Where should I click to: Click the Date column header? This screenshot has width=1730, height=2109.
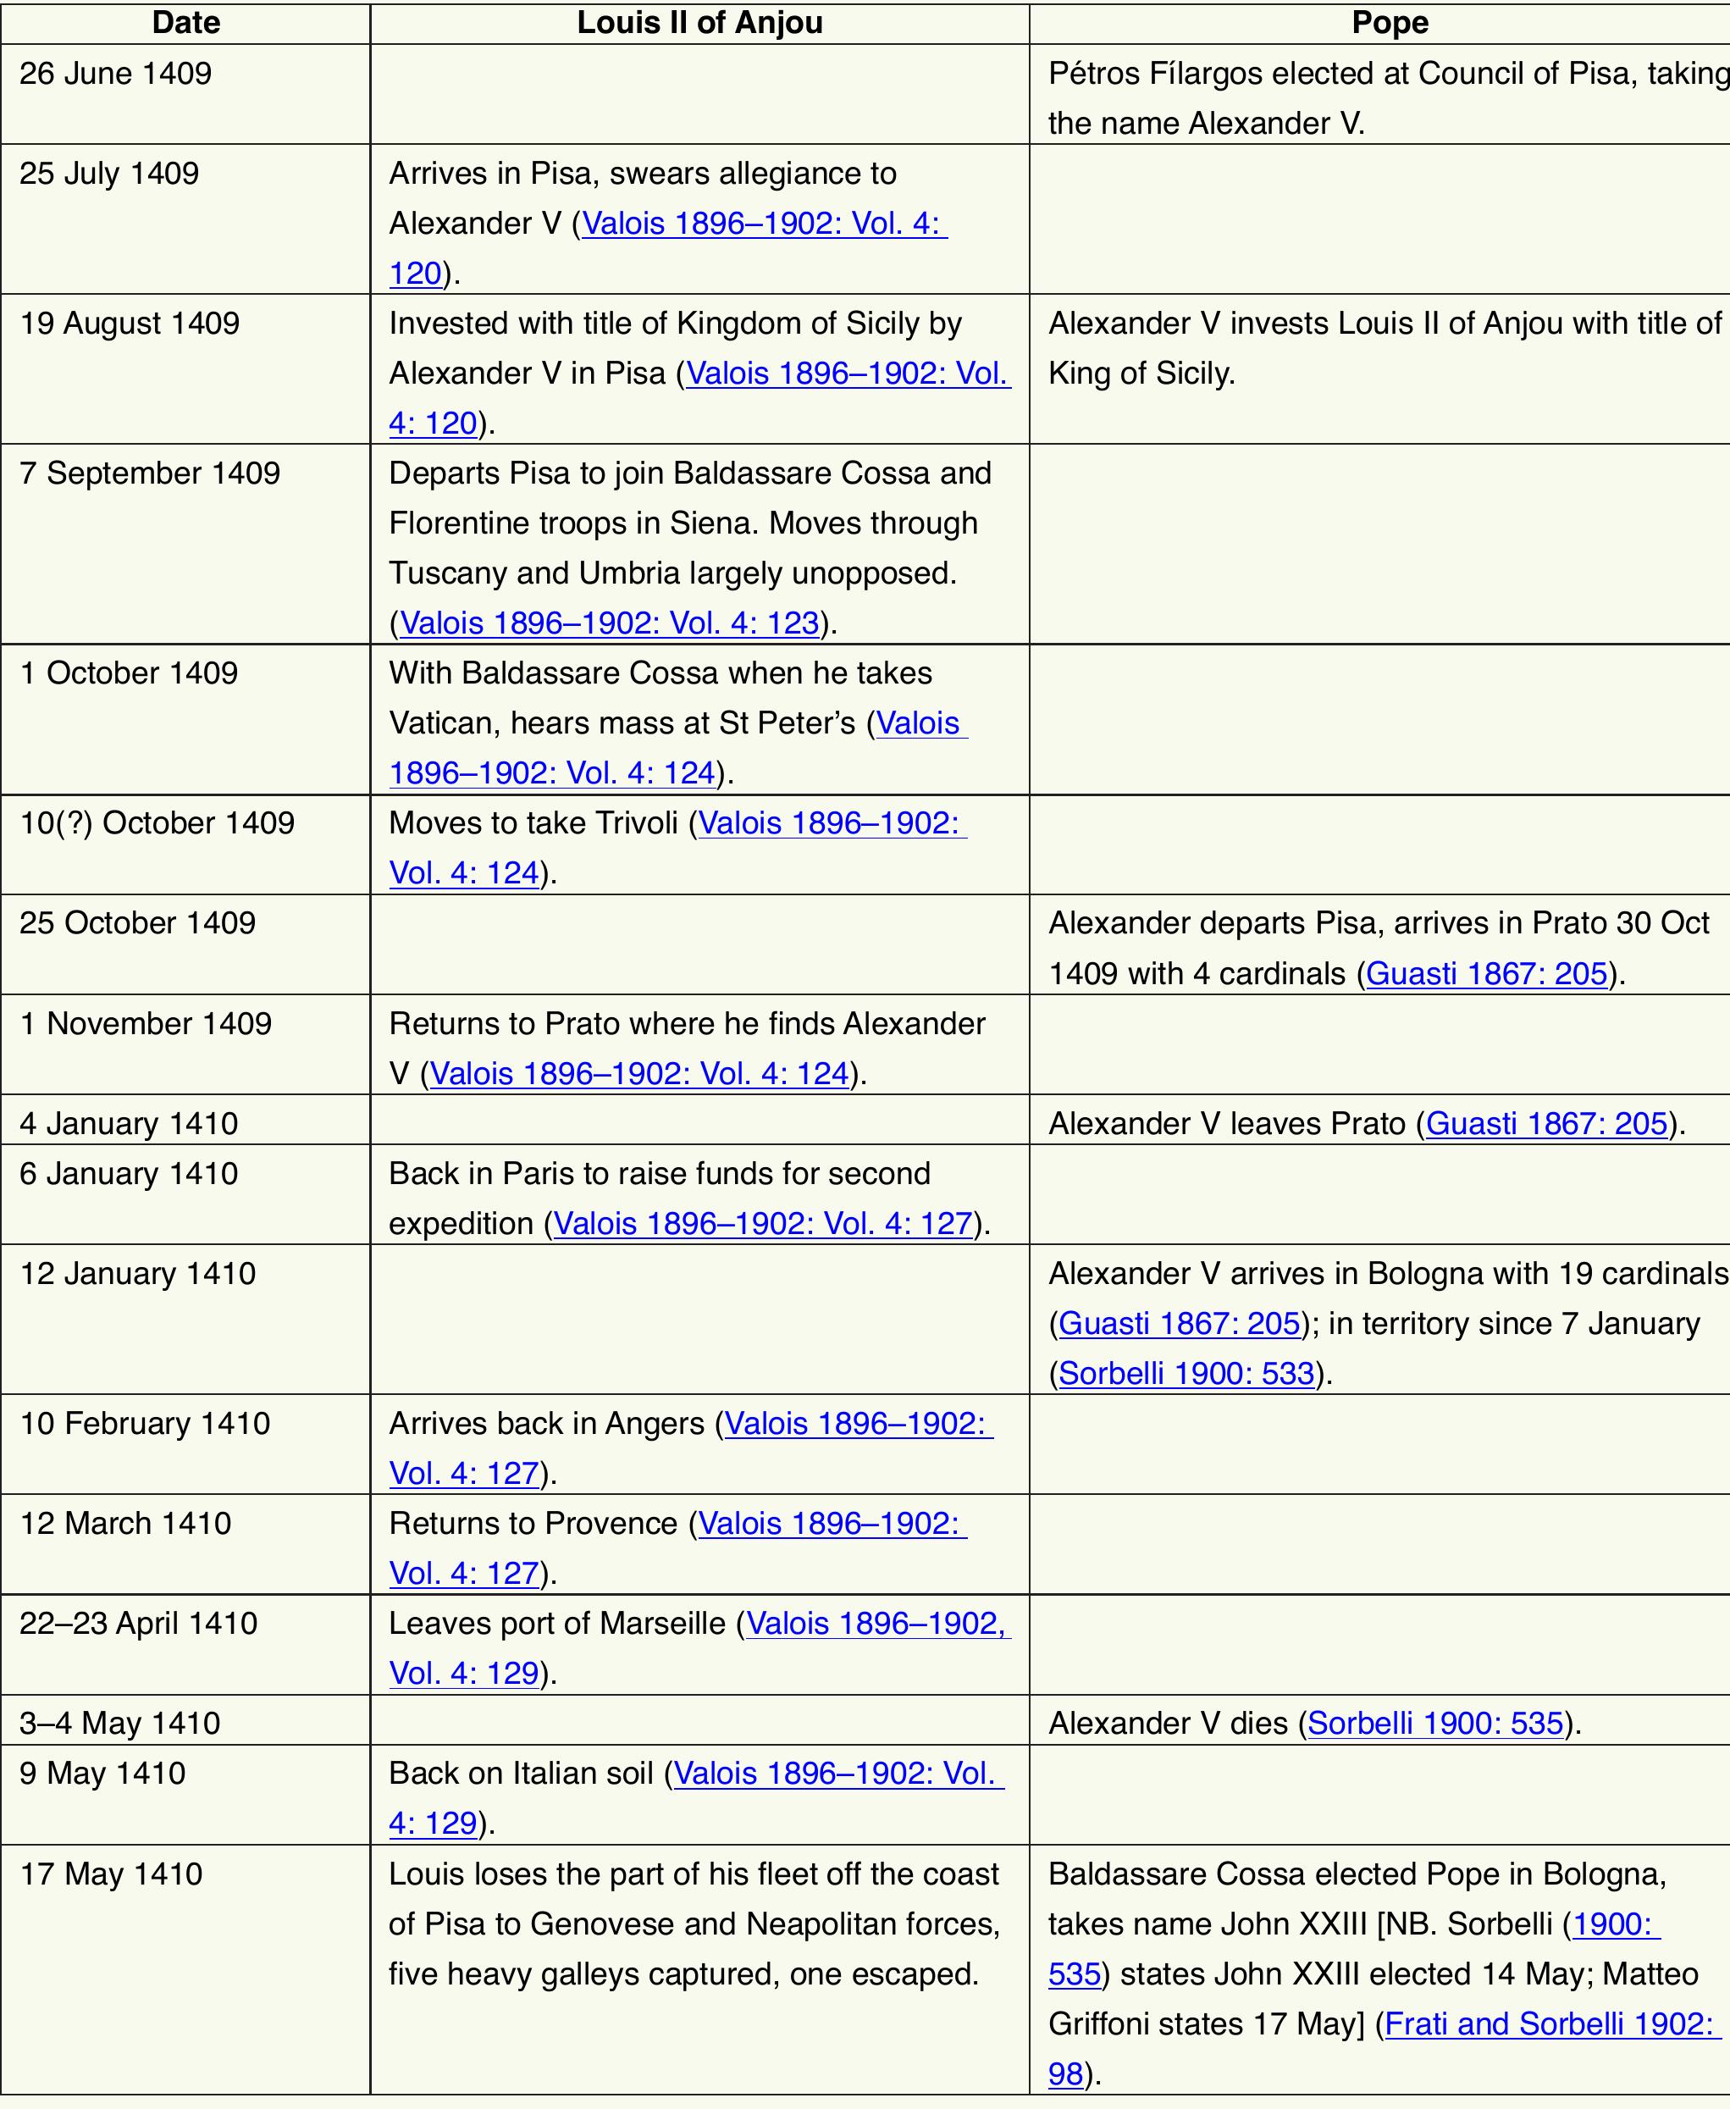[x=185, y=23]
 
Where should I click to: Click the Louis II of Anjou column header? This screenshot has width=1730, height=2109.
[x=699, y=23]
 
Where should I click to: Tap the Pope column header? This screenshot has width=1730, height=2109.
[x=1390, y=23]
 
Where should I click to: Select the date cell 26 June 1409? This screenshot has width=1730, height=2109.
[x=116, y=74]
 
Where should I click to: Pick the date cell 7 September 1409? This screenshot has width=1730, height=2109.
[x=150, y=473]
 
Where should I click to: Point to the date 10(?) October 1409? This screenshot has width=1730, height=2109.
[x=158, y=823]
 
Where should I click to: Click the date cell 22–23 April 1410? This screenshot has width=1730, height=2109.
[x=139, y=1624]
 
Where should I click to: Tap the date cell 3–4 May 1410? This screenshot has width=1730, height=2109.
[x=119, y=1724]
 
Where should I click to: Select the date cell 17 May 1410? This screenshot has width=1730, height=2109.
[x=112, y=1874]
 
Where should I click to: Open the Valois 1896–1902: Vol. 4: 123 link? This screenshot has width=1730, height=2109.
[x=609, y=624]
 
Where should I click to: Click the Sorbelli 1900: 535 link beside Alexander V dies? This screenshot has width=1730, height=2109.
[x=1435, y=1724]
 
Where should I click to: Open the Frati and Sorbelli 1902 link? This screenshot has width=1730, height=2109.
[x=1549, y=2024]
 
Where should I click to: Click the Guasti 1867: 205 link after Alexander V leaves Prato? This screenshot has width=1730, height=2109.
[x=1546, y=1124]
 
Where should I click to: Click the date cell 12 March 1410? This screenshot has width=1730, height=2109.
[x=125, y=1524]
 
